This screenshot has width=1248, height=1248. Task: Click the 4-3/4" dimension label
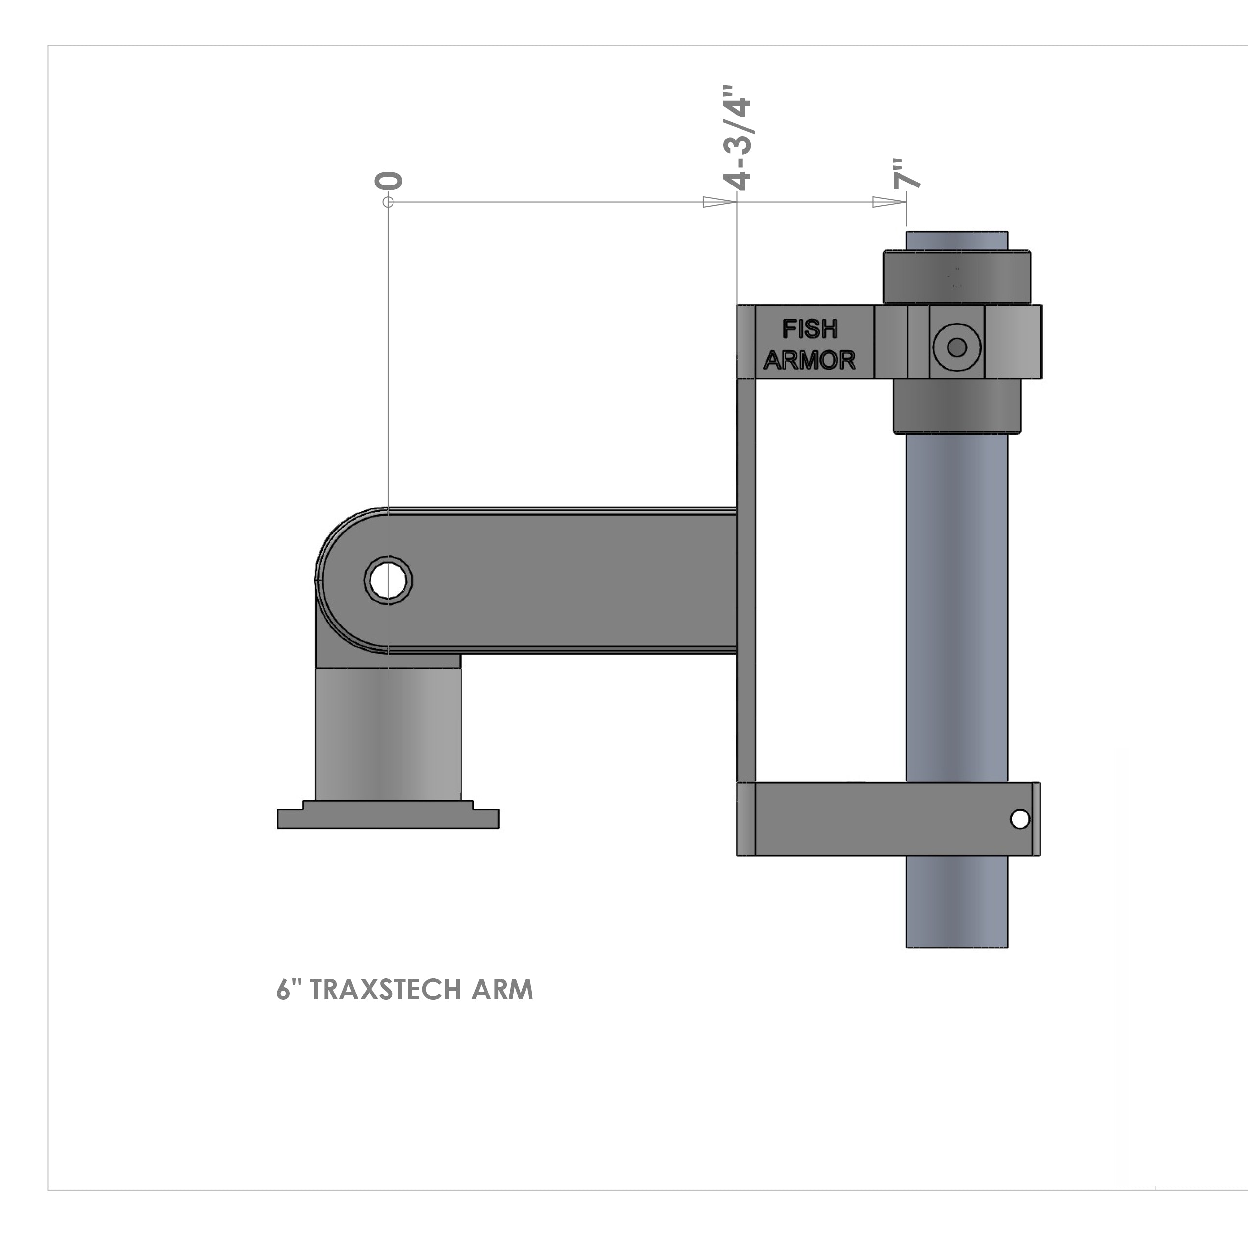pyautogui.click(x=738, y=138)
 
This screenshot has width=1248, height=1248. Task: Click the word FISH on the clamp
pyautogui.click(x=810, y=329)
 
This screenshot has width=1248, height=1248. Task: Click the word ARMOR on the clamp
pyautogui.click(x=809, y=360)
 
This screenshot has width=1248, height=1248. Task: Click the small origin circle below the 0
pyautogui.click(x=388, y=202)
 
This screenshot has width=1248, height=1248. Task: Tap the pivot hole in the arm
pyautogui.click(x=388, y=580)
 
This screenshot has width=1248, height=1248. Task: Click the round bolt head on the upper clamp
pyautogui.click(x=957, y=347)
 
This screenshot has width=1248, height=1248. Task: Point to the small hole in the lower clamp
pyautogui.click(x=1019, y=819)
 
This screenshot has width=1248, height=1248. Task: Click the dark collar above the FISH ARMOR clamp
pyautogui.click(x=957, y=277)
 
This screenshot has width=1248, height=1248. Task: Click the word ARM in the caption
pyautogui.click(x=502, y=990)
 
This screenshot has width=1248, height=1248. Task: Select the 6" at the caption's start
pyautogui.click(x=289, y=990)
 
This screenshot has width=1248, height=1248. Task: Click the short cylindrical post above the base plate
pyautogui.click(x=388, y=733)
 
